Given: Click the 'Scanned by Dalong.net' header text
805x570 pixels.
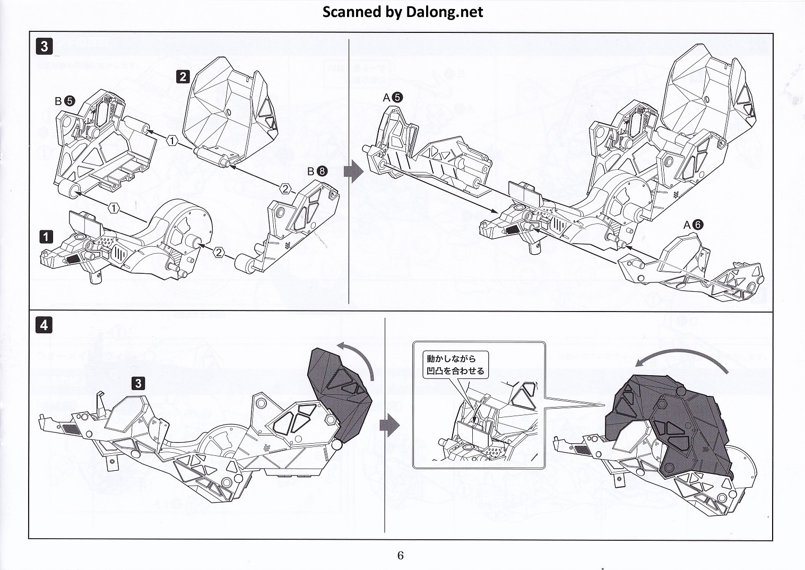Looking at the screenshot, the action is [x=402, y=12].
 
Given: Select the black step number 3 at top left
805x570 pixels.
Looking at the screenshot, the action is [x=45, y=47].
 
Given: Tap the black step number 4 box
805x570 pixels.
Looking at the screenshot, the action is [x=44, y=325].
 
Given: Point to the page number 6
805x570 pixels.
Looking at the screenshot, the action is [x=400, y=555].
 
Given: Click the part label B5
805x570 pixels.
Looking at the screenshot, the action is [x=65, y=101].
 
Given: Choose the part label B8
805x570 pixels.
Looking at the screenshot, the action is [x=317, y=171].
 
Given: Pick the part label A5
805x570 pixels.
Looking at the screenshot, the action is [x=393, y=98].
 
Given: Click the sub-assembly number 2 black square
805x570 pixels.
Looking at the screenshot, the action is [x=183, y=76].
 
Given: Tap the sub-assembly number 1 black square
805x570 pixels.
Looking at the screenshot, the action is [x=46, y=237].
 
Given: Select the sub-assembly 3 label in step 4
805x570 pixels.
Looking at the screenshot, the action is [x=139, y=384].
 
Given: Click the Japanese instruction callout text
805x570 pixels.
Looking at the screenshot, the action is [x=455, y=365].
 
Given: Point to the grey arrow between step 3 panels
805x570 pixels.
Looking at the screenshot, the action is [x=353, y=172].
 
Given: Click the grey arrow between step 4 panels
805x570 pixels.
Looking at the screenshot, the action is [x=389, y=426].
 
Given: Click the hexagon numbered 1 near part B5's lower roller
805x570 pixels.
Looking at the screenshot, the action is [x=114, y=208].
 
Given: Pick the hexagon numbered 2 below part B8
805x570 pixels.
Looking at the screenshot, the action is [x=219, y=253].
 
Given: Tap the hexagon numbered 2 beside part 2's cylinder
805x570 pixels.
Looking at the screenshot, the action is [x=285, y=189].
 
